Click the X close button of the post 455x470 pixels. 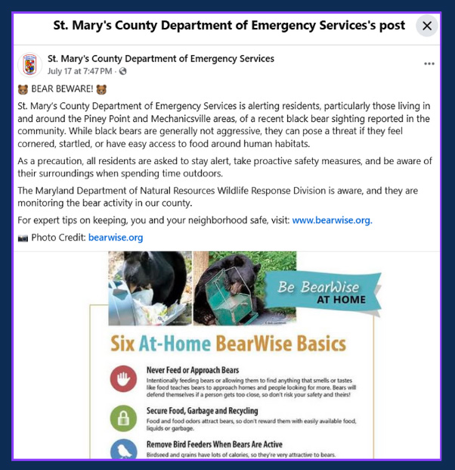point(427,26)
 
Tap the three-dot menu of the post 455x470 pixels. point(429,64)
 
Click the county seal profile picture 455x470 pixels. point(30,64)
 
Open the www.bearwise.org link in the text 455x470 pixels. point(332,220)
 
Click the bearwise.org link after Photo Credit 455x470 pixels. point(116,237)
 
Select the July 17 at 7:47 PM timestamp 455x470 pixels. point(80,71)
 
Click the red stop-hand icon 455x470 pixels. point(123,378)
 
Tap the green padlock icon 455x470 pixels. point(123,417)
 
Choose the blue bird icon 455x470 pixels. point(123,450)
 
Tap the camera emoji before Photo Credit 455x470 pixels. point(22,238)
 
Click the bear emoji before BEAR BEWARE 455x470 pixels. point(22,89)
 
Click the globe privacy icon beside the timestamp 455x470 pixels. point(123,71)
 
